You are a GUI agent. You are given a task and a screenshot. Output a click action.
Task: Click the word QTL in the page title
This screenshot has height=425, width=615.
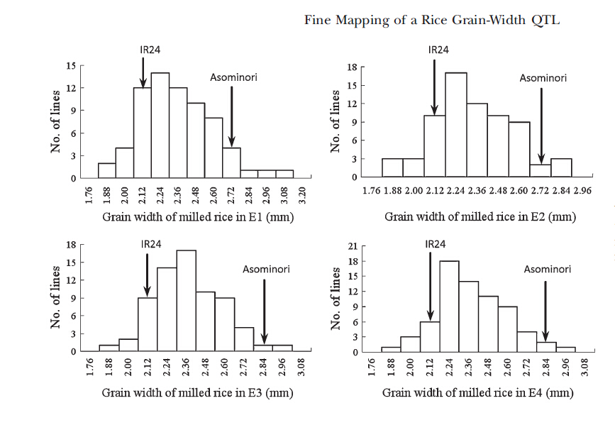tap(545, 20)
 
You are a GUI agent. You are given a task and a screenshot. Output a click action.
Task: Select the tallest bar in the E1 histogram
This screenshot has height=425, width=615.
tap(160, 126)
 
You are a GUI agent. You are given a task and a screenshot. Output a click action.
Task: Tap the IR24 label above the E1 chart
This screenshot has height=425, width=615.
tap(150, 50)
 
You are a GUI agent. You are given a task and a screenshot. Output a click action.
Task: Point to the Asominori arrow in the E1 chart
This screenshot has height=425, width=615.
tap(232, 116)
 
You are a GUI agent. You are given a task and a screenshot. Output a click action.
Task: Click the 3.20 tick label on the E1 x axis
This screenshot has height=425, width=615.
tap(302, 195)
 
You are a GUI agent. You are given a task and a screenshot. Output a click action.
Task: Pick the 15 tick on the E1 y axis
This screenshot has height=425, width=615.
tap(71, 65)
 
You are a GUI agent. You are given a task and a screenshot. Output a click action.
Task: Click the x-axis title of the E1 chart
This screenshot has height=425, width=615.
tap(198, 216)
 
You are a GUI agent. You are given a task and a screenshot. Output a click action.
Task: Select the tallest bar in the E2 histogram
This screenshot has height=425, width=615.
tap(456, 125)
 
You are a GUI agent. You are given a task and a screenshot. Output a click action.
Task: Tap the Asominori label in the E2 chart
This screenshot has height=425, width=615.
tap(543, 78)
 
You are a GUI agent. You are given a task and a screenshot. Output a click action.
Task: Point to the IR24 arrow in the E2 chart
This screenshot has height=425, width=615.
tap(434, 87)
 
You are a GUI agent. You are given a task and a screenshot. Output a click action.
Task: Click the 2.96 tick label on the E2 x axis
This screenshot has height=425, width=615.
tap(582, 191)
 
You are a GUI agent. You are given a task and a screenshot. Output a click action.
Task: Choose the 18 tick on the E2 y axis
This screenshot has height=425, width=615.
tap(353, 67)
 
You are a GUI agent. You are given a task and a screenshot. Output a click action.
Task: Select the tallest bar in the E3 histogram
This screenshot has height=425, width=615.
tap(187, 301)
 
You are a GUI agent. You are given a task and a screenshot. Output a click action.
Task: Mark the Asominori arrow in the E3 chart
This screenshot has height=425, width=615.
tap(265, 311)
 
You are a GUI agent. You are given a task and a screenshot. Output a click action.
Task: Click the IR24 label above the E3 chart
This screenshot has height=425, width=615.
tap(151, 244)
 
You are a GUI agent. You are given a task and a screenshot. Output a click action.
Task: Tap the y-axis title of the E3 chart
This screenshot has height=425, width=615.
tap(55, 297)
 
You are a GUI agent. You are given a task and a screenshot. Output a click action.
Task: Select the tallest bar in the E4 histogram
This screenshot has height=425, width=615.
tap(450, 307)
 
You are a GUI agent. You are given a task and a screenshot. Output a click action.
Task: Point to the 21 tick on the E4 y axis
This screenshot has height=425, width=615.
tap(353, 246)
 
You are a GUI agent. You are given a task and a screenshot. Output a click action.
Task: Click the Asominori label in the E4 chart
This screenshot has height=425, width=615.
tap(548, 269)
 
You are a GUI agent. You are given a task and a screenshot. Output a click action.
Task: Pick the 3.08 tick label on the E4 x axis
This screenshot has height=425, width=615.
tap(584, 368)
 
